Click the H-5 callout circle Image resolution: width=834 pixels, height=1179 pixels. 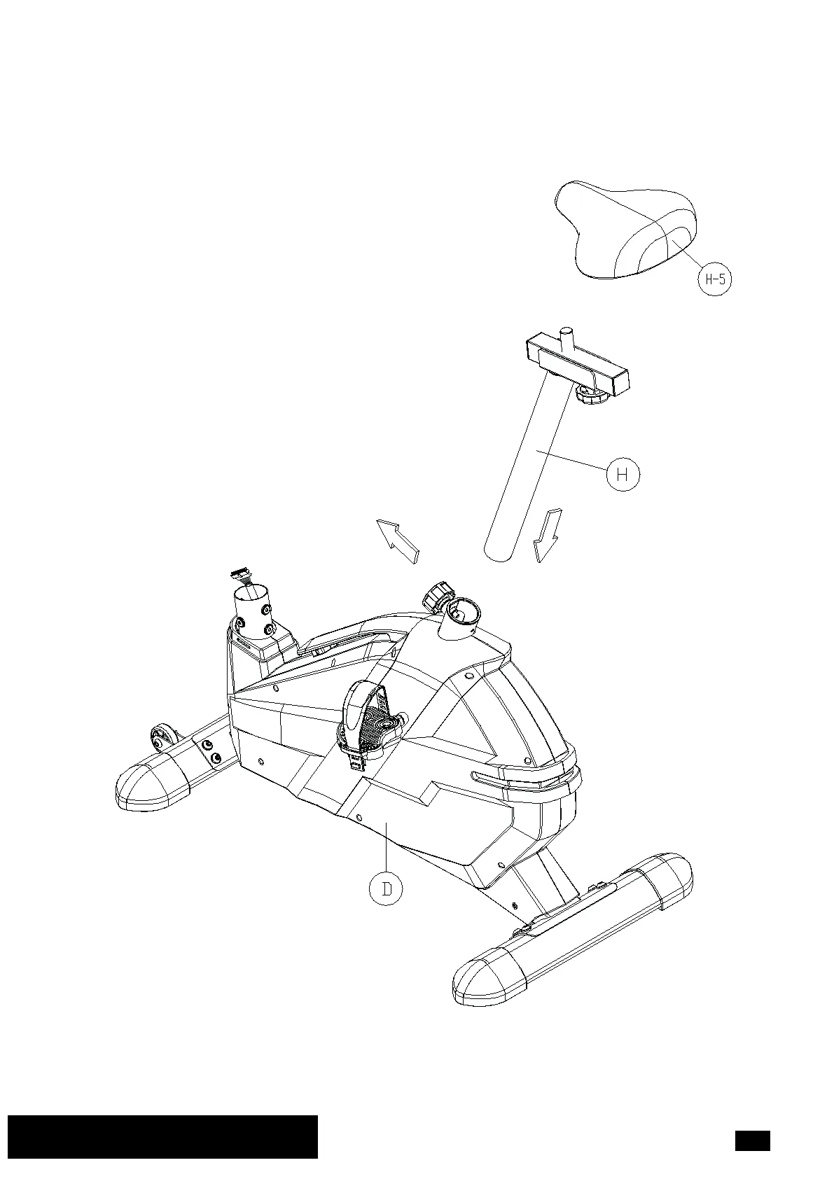pos(714,279)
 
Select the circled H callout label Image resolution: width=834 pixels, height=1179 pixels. pos(623,474)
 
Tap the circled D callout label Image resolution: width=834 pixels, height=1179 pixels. pos(386,888)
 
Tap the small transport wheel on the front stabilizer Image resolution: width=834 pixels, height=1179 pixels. pos(160,738)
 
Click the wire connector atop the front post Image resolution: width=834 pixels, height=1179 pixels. pos(242,575)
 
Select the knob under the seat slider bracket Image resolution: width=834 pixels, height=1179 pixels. pos(590,395)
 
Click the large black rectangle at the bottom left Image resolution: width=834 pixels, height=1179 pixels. pos(162,1136)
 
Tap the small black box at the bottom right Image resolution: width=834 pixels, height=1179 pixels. pos(752,1140)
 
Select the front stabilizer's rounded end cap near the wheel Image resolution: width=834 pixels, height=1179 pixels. pos(150,788)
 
